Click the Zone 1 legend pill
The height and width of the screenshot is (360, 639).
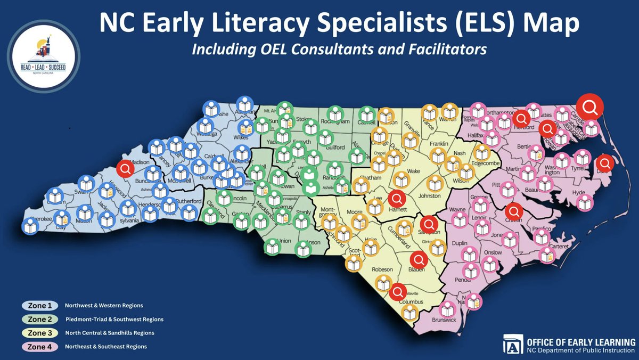[40, 306]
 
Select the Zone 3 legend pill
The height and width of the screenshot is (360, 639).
[40, 333]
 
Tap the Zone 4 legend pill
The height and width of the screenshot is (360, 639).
[40, 347]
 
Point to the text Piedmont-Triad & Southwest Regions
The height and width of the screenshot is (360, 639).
[114, 320]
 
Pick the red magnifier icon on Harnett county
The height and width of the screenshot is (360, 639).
[396, 199]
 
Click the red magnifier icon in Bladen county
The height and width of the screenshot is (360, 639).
[419, 260]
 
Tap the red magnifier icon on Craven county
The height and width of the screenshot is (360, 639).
[514, 211]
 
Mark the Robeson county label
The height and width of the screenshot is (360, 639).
[382, 269]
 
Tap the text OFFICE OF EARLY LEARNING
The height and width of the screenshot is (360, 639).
[579, 341]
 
